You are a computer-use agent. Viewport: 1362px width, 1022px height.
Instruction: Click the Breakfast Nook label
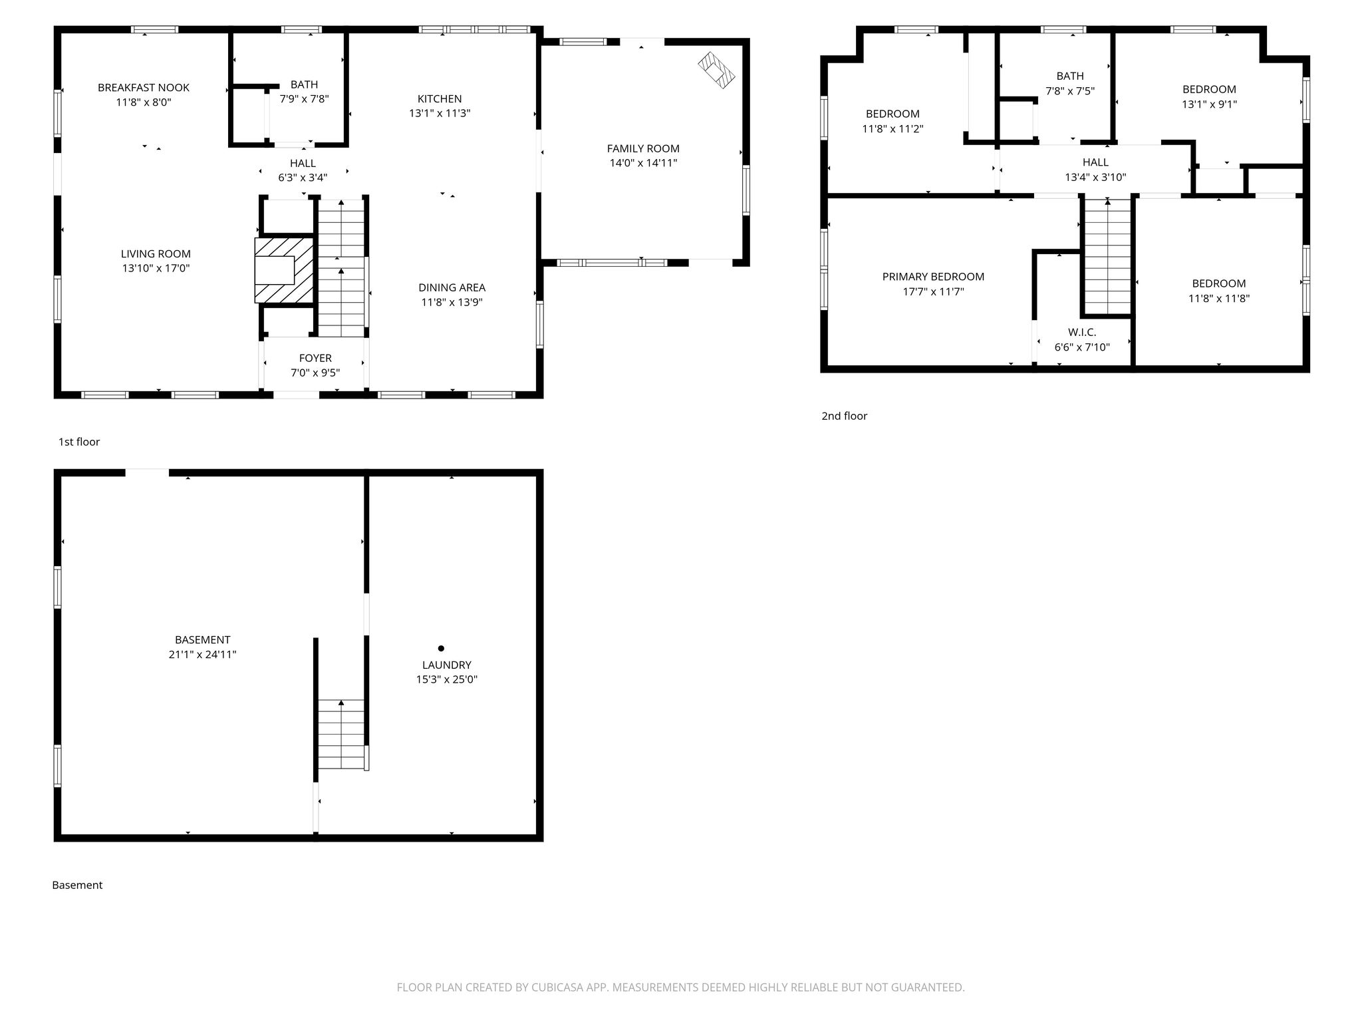(x=144, y=87)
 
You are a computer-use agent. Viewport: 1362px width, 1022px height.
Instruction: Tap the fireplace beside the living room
(x=284, y=270)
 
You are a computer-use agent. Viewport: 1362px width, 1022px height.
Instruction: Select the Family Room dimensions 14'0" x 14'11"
(x=643, y=163)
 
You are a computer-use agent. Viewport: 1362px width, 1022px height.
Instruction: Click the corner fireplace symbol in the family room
(x=716, y=70)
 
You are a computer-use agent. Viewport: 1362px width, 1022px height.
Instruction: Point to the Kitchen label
(x=440, y=98)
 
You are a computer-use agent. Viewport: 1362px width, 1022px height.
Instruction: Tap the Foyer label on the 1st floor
(x=315, y=358)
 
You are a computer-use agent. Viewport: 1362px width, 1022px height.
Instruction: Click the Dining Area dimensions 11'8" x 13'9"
(x=452, y=303)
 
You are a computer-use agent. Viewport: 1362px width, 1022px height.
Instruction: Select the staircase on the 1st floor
(x=341, y=268)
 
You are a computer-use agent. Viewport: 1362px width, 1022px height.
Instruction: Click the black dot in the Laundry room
(x=441, y=648)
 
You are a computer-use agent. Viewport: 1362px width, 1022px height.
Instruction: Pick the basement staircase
(x=341, y=734)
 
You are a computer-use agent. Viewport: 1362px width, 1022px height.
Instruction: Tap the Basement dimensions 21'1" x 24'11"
(x=203, y=655)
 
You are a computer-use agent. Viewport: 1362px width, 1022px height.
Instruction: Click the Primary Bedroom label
(x=933, y=277)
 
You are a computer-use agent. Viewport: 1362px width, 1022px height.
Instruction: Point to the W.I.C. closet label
(x=1082, y=332)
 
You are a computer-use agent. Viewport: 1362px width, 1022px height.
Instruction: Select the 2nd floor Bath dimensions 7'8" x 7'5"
(x=1070, y=91)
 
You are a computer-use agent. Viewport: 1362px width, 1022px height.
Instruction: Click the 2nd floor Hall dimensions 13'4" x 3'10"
(x=1095, y=178)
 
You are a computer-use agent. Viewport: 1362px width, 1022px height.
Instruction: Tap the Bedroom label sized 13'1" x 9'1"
(x=1209, y=89)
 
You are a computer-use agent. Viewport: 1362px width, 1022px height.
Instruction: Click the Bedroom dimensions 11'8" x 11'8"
(x=1219, y=299)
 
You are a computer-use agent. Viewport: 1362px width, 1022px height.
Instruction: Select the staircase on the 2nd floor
(x=1107, y=256)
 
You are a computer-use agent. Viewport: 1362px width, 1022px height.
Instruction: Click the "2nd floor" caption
(x=845, y=416)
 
